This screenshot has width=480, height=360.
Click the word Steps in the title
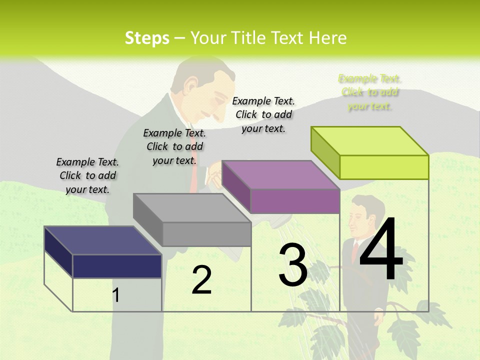point(147,38)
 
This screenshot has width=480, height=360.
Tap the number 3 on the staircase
point(293,265)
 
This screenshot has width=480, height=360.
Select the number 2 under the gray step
point(201,280)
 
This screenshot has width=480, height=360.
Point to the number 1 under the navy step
point(116,295)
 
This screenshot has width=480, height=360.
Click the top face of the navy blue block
point(103,240)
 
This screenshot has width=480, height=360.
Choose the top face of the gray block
point(192,208)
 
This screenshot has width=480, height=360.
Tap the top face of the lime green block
point(370,141)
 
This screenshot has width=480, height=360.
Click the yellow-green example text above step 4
point(370,92)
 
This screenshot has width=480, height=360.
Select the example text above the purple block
point(263,114)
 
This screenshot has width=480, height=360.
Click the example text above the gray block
point(174,146)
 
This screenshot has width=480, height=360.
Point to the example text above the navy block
point(87,175)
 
